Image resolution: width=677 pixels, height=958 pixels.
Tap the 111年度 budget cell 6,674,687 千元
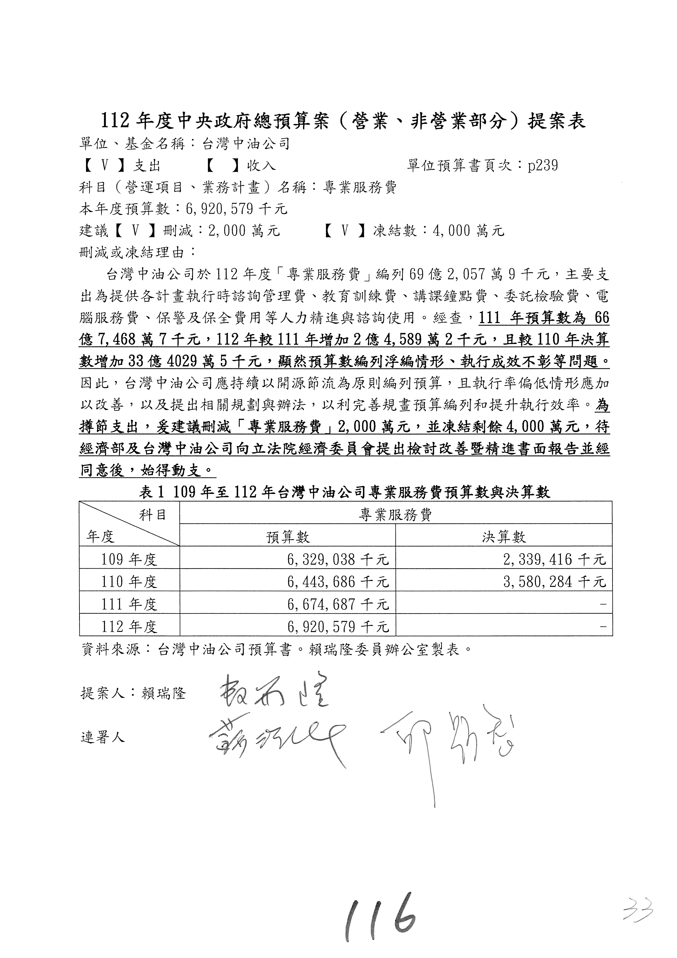(338, 604)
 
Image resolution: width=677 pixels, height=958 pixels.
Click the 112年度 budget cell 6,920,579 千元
(338, 627)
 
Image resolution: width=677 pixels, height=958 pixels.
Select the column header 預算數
(288, 537)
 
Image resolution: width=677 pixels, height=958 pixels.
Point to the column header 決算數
(504, 537)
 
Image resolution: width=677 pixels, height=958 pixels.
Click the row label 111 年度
(129, 604)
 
